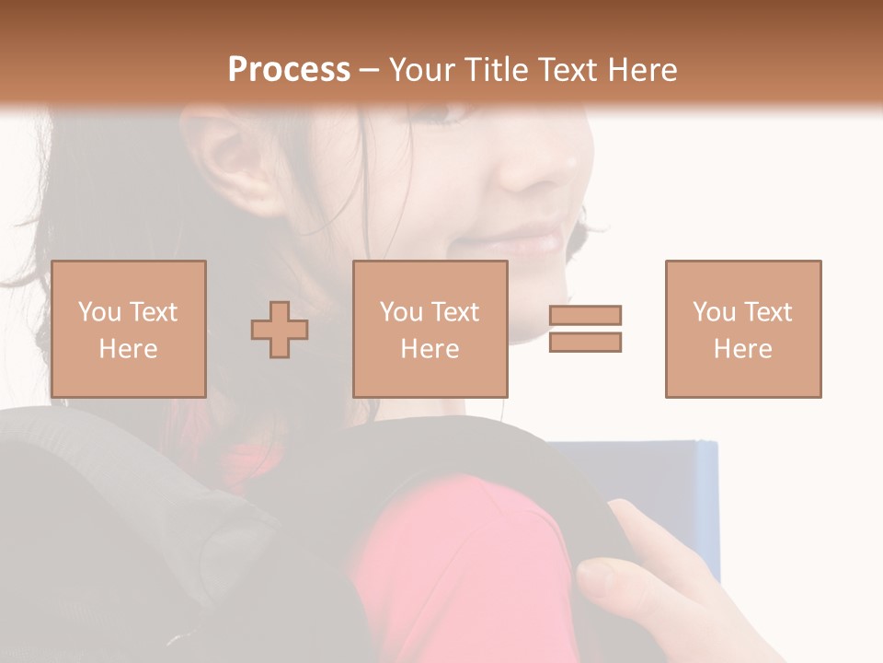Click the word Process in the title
click(289, 70)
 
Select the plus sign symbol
click(280, 330)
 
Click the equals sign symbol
click(586, 329)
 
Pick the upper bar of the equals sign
click(586, 315)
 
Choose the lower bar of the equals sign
click(586, 343)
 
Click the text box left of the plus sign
click(129, 329)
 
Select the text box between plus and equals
click(430, 329)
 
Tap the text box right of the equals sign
click(743, 329)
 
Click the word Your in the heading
click(420, 70)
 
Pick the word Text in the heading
click(566, 70)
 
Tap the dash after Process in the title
click(370, 70)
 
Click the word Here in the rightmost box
click(743, 349)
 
